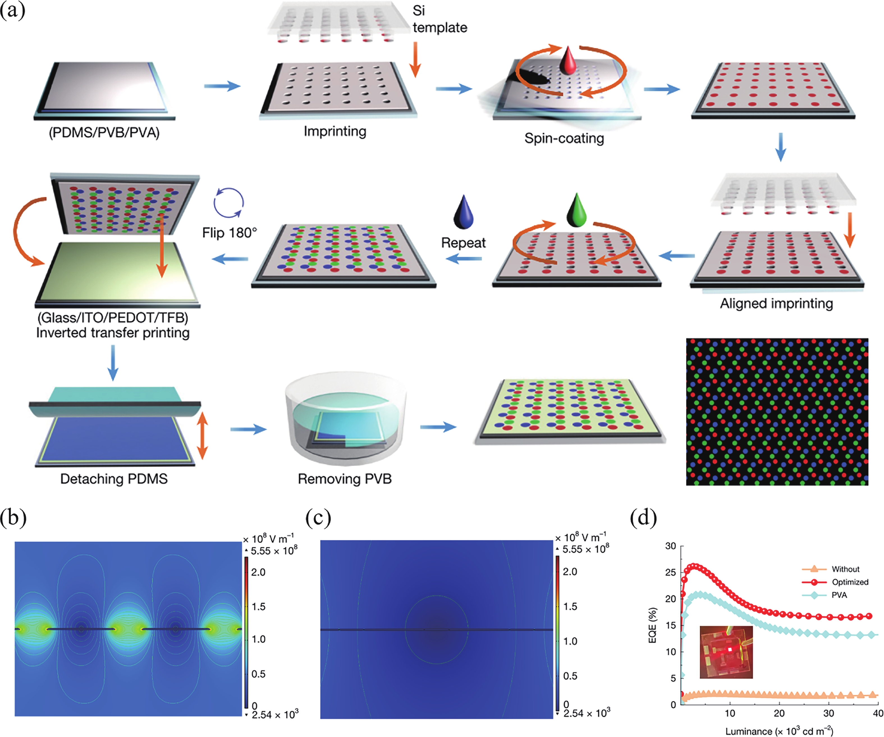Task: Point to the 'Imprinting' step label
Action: (335, 131)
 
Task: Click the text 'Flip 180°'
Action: (230, 232)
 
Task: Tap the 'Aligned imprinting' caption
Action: (776, 303)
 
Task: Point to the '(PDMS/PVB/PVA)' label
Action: (104, 133)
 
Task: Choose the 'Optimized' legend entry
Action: (850, 582)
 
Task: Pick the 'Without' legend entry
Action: (845, 569)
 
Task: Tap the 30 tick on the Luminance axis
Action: (828, 713)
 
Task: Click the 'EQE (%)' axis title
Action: (652, 625)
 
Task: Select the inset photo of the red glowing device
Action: (726, 652)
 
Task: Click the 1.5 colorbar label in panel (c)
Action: (570, 606)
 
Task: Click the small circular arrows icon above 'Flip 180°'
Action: (228, 202)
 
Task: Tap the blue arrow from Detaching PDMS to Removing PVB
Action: (248, 429)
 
